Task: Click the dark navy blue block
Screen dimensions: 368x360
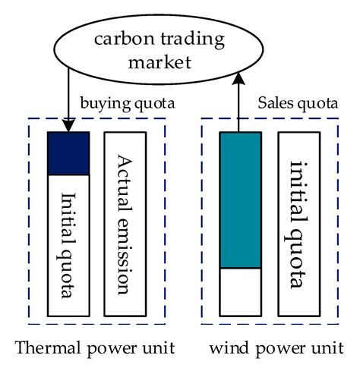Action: (68, 153)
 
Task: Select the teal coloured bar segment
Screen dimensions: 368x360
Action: (240, 200)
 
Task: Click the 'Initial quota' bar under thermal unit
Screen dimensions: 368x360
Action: (68, 244)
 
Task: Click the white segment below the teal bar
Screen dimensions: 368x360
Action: (240, 291)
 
